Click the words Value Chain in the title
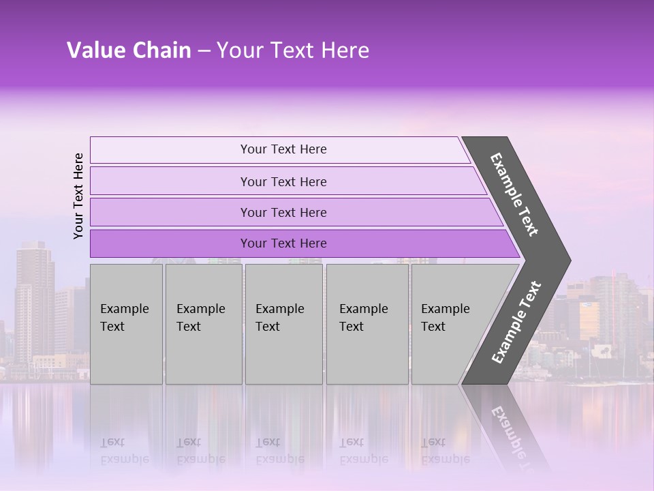click(x=129, y=50)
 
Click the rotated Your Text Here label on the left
click(x=78, y=196)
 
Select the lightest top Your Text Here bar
click(x=283, y=149)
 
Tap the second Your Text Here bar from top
click(x=283, y=181)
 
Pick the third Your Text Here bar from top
click(x=283, y=212)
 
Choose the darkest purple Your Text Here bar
click(x=283, y=243)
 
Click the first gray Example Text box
click(x=126, y=323)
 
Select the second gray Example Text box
click(x=203, y=323)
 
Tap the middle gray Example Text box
click(x=283, y=323)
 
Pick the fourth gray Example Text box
click(x=367, y=323)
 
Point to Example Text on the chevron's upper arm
click(x=514, y=194)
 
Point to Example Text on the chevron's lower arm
click(x=516, y=323)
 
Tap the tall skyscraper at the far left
click(x=34, y=300)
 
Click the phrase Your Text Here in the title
click(x=293, y=50)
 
